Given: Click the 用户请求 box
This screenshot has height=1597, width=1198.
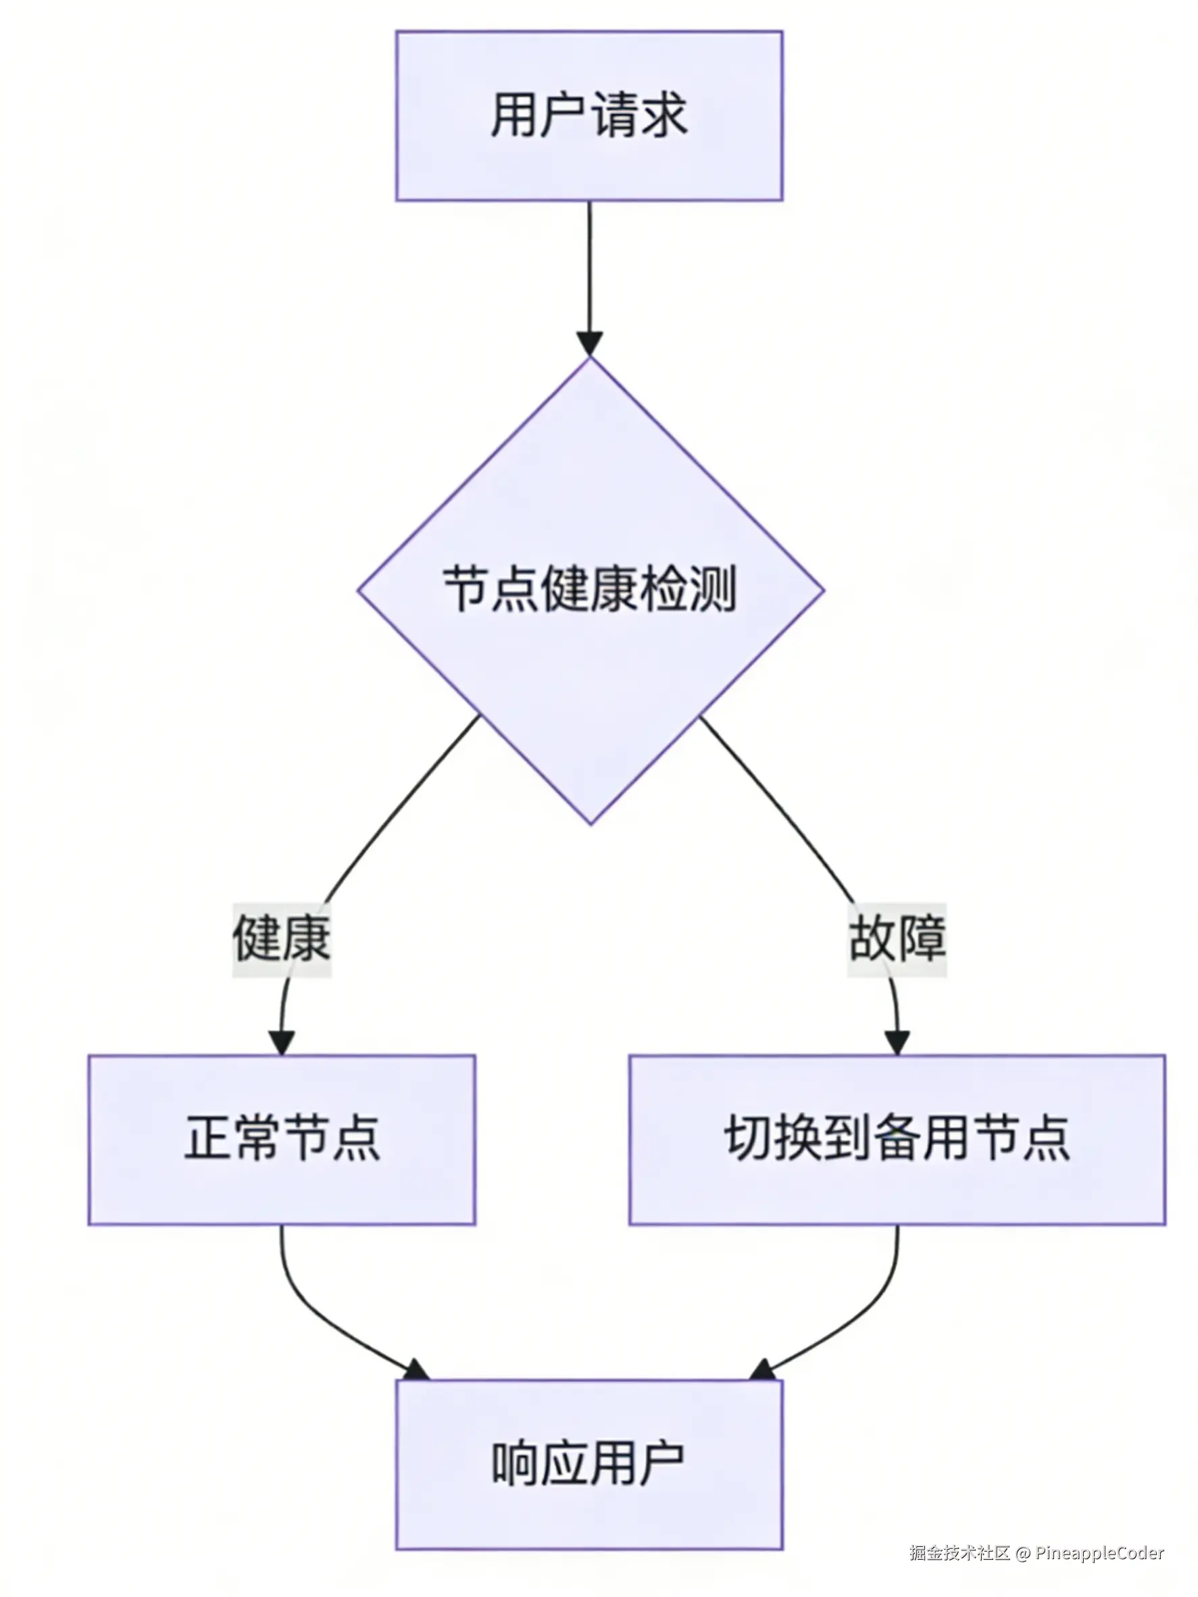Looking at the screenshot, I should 589,116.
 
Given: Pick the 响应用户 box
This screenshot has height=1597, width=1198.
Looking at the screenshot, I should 589,1465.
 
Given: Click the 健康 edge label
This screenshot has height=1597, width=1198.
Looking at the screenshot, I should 282,938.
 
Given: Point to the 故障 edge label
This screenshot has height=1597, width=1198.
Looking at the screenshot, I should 897,938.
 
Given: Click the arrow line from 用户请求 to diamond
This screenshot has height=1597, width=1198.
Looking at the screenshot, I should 589,267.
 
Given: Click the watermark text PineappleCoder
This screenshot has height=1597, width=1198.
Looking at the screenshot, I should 1099,1553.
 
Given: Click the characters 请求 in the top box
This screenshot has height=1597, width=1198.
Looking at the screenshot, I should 639,116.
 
